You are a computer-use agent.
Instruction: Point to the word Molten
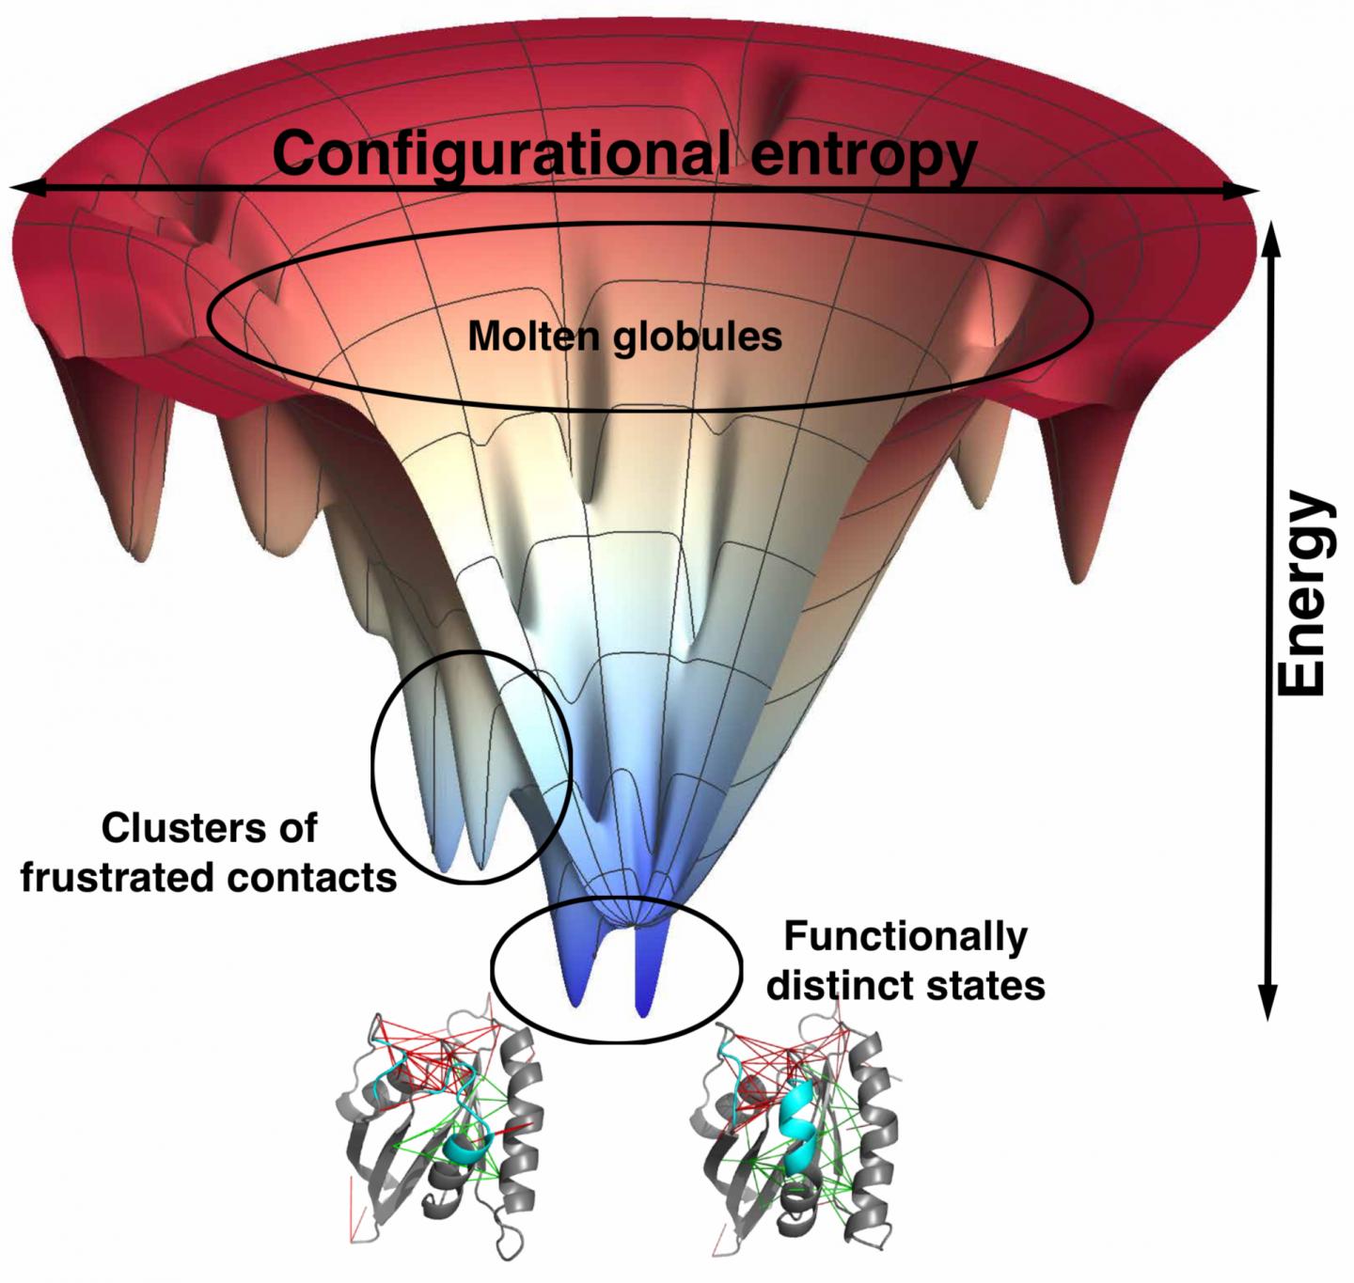(534, 336)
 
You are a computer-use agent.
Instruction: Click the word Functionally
(905, 936)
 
